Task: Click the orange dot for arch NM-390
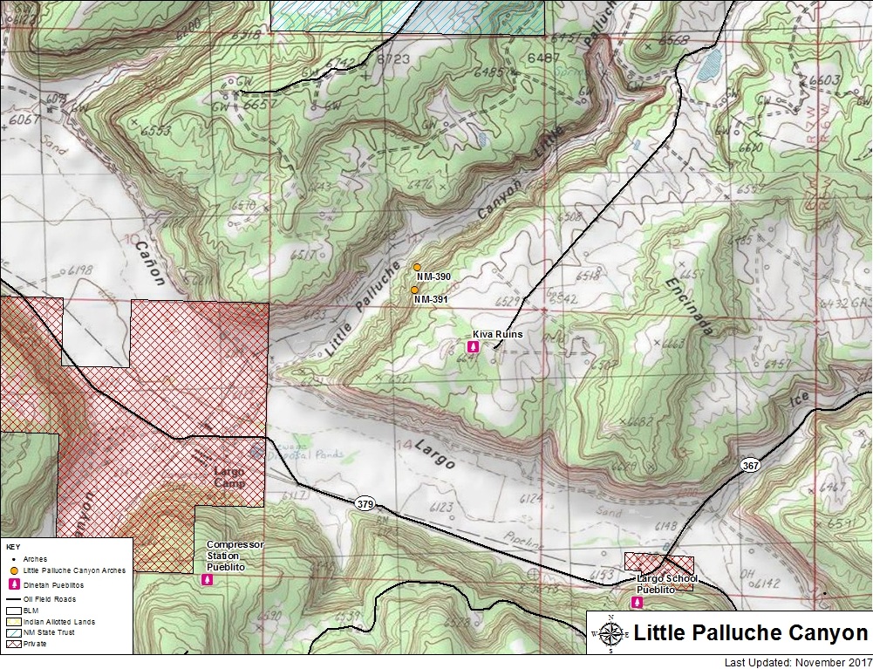coord(417,267)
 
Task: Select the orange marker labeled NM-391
coord(414,290)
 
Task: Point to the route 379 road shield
coord(365,503)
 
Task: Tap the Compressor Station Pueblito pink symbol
coord(208,578)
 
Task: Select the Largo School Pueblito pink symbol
coord(636,602)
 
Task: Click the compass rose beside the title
coord(611,633)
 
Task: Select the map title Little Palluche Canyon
coord(750,633)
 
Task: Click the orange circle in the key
coord(14,570)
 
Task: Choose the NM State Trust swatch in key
coord(14,631)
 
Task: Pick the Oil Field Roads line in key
coord(14,598)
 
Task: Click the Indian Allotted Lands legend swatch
coord(14,621)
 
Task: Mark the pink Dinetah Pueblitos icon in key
coord(14,584)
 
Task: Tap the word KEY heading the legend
coord(12,546)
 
